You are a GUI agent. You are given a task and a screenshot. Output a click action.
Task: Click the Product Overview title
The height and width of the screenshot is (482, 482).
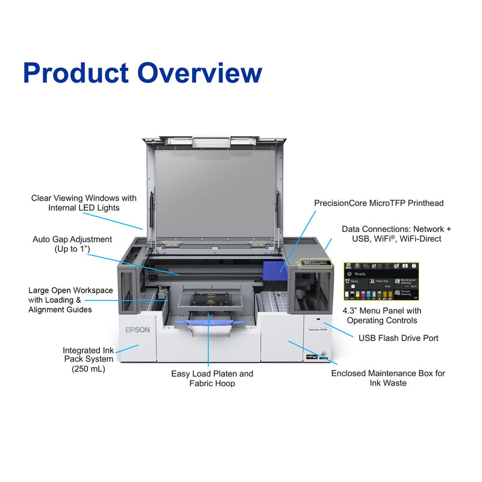(x=142, y=72)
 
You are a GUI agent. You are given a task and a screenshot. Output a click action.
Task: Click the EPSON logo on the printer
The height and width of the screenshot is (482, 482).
(x=137, y=330)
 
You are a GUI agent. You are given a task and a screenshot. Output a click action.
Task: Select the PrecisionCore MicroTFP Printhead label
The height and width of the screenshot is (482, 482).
(x=378, y=203)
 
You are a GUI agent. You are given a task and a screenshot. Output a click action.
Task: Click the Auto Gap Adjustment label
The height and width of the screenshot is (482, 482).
(x=72, y=244)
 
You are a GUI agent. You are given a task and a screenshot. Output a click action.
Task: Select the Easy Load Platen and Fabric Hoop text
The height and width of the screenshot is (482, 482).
(x=212, y=378)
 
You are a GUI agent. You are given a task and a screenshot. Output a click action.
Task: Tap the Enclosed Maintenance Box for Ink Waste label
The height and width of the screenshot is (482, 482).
(x=388, y=378)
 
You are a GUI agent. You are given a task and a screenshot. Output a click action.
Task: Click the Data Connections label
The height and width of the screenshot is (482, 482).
(x=396, y=234)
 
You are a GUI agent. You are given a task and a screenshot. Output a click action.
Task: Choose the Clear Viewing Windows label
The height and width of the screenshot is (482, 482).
(x=84, y=202)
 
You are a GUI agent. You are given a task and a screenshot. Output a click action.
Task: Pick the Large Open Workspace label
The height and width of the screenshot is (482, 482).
(x=70, y=299)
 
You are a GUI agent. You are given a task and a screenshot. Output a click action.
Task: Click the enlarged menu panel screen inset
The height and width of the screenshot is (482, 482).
(x=381, y=282)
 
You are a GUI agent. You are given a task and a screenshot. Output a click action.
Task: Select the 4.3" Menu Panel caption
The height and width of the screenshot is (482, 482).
(x=382, y=316)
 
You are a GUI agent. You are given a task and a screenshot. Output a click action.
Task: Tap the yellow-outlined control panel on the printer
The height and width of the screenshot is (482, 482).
(x=316, y=264)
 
